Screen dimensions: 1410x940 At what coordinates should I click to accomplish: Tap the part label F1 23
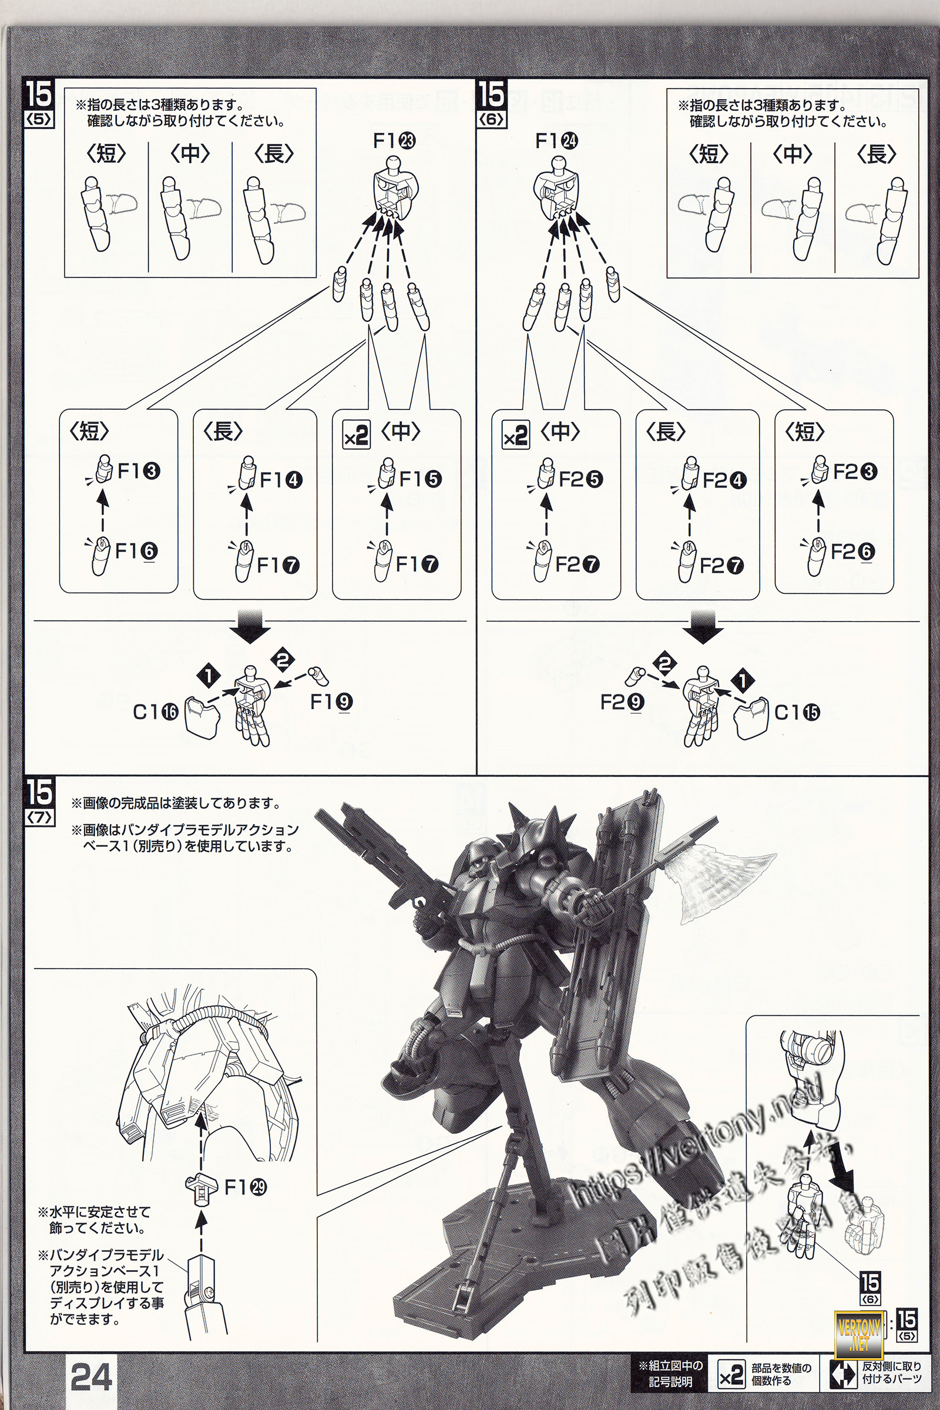pos(394,141)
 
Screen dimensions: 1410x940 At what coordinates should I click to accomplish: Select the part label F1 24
pos(556,141)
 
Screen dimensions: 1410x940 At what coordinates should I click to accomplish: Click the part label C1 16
pos(155,712)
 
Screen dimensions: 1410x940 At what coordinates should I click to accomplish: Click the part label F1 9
pos(331,701)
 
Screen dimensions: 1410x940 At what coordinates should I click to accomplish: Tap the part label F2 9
pos(622,701)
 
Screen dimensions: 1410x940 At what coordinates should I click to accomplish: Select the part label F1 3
pos(139,471)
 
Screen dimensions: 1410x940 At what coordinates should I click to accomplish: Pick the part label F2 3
pos(855,472)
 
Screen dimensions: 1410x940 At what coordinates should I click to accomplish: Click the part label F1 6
pos(136,551)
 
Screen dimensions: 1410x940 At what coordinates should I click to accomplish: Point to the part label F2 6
pos(852,551)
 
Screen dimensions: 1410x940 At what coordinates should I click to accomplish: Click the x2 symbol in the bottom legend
pos(731,1372)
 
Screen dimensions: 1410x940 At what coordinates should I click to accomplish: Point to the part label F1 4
pos(281,479)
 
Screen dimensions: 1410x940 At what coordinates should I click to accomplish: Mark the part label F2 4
pos(724,480)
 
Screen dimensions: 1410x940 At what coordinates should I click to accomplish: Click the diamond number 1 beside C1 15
pos(743,680)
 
